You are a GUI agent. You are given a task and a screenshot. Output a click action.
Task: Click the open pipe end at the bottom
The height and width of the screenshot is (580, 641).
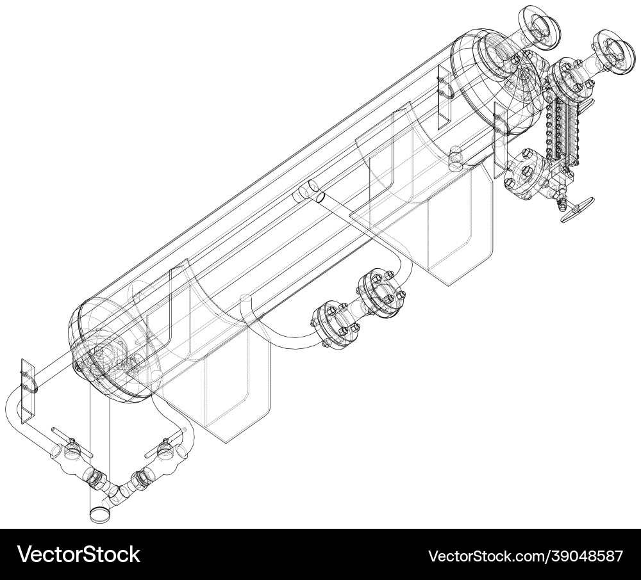[99, 513]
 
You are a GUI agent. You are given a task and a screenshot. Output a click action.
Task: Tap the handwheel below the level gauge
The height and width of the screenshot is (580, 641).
[578, 211]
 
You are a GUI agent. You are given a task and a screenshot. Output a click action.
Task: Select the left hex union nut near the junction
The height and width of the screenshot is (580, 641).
[96, 477]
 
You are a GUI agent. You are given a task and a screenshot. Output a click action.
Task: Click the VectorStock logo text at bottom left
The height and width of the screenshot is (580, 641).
[78, 554]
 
